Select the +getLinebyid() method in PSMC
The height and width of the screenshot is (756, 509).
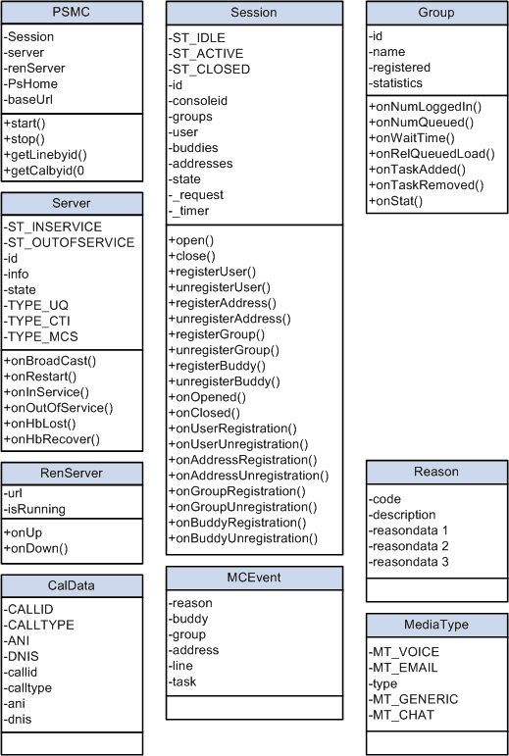[45, 156]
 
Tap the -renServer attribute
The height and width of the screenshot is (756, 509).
[36, 69]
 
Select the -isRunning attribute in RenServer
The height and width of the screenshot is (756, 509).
[35, 509]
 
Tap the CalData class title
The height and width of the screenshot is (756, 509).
[72, 586]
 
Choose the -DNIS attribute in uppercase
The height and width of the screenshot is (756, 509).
[25, 657]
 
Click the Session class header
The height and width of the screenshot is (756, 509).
[253, 13]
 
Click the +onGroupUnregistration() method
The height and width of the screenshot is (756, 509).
[243, 507]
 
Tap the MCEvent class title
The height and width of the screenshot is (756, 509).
[253, 577]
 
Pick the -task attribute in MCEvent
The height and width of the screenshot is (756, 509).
[186, 681]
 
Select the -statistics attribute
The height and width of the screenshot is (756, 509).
[397, 84]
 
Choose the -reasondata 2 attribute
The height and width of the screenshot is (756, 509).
[409, 545]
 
